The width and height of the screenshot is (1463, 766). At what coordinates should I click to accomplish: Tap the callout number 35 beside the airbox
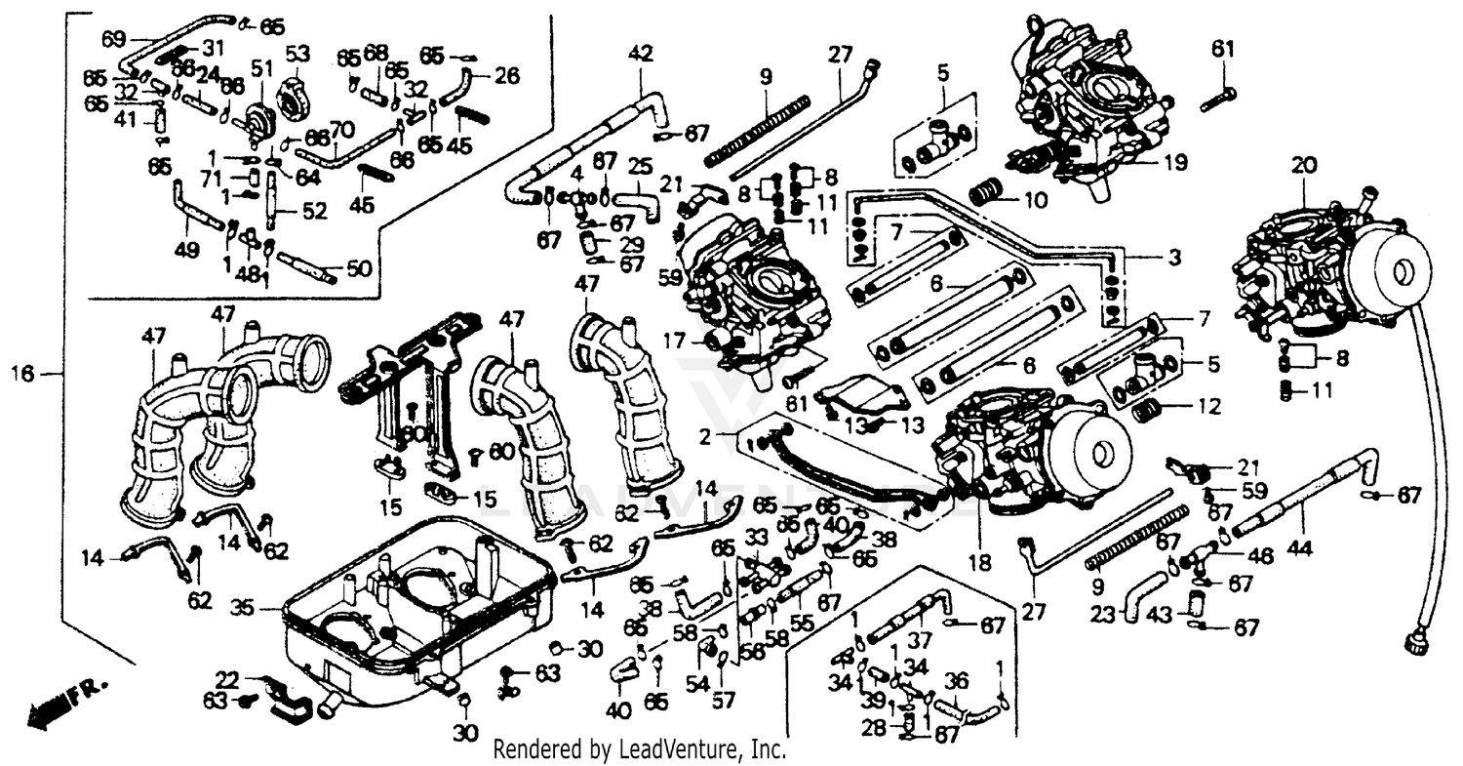tap(242, 608)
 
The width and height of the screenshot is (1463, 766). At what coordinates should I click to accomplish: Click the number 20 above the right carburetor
tap(1305, 166)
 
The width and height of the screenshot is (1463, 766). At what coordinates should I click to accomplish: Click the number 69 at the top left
tap(114, 39)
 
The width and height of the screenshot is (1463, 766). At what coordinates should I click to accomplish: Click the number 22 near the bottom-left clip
tap(226, 679)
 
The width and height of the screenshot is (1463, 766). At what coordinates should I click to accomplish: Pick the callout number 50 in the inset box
tap(359, 266)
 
